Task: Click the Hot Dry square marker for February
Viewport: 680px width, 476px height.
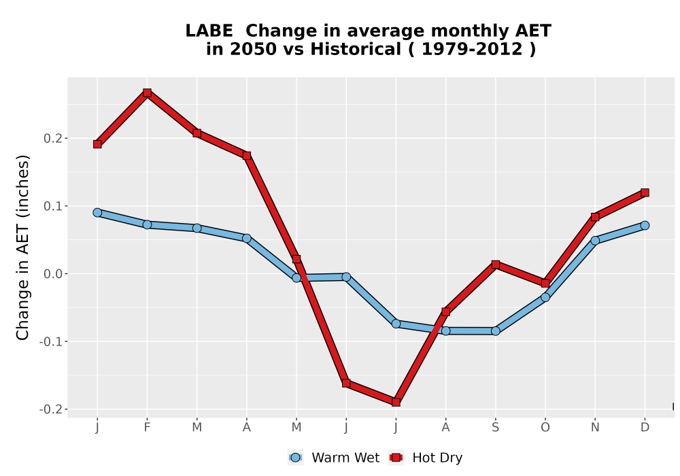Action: [x=147, y=92]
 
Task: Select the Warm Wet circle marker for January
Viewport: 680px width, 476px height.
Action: [x=97, y=212]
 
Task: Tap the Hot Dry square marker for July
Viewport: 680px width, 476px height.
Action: [x=396, y=403]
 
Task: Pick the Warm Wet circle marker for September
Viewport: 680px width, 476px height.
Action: [x=495, y=331]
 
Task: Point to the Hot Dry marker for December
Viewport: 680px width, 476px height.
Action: [x=645, y=192]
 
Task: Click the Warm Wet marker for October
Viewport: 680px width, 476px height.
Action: [x=545, y=297]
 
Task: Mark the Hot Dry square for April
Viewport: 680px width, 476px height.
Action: [x=247, y=156]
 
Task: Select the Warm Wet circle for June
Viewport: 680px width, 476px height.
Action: [x=346, y=277]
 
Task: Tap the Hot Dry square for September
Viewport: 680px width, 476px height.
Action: [x=495, y=265]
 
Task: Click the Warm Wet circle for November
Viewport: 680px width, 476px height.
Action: [x=595, y=240]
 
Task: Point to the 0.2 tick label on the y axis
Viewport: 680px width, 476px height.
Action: [x=52, y=138]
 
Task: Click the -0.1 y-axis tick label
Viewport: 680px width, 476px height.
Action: [x=50, y=341]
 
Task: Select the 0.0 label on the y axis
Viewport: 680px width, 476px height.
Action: [x=52, y=274]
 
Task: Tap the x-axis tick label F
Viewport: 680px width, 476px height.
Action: [x=147, y=428]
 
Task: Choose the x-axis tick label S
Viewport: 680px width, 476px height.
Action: [x=495, y=428]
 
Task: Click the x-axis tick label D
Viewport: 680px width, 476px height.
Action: [x=645, y=428]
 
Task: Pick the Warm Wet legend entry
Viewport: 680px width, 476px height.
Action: [x=333, y=458]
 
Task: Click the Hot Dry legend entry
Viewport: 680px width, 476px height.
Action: [x=426, y=458]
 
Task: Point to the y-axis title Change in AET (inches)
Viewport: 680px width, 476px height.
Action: [x=22, y=248]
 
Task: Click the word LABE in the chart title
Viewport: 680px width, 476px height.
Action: [x=209, y=31]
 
